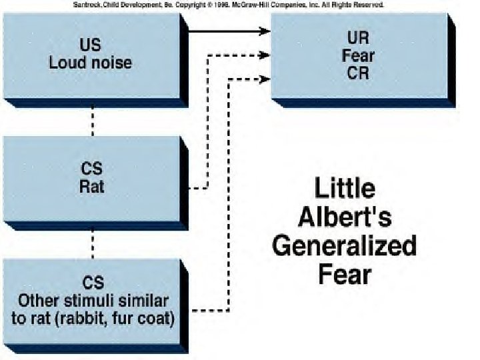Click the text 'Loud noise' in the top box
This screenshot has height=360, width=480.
(x=91, y=63)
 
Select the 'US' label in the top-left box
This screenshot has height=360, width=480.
(x=91, y=46)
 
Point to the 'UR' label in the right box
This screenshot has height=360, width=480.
(x=358, y=37)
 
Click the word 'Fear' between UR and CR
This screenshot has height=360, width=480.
(x=358, y=55)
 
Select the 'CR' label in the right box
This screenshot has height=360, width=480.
(x=358, y=73)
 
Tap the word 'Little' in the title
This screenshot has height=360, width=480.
(x=345, y=189)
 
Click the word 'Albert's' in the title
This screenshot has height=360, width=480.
(x=345, y=217)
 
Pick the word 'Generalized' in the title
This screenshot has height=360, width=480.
(x=345, y=246)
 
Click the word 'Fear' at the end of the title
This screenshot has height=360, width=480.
(x=345, y=274)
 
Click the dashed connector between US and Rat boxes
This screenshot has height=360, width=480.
(x=92, y=120)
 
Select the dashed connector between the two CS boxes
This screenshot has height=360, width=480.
(x=92, y=243)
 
